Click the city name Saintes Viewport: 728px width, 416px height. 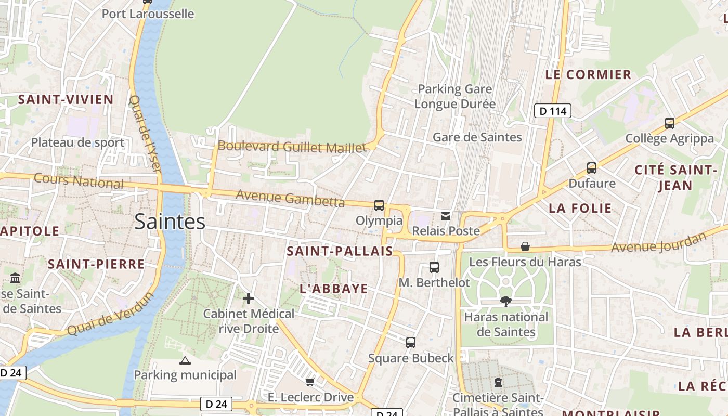[x=170, y=222]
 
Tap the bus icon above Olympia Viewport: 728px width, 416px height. [x=379, y=205]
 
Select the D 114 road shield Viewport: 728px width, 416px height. [x=553, y=111]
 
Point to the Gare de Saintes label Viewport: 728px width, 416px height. [x=477, y=137]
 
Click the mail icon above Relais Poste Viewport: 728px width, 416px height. [x=446, y=216]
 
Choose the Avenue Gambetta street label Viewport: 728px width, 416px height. [x=290, y=198]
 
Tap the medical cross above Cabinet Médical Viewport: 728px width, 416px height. [x=249, y=298]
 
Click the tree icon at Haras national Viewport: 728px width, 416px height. [x=505, y=301]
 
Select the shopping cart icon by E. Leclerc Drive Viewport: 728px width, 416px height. [x=310, y=382]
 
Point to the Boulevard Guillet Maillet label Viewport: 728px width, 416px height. [x=292, y=147]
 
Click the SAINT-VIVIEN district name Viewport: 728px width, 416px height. [x=66, y=99]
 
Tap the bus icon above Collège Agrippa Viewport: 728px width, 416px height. [x=670, y=123]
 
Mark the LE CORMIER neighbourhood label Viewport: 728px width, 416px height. [x=588, y=74]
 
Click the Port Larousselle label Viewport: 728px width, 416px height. [x=148, y=14]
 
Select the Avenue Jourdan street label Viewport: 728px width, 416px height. [x=659, y=242]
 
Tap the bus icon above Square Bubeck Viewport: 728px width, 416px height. [x=411, y=343]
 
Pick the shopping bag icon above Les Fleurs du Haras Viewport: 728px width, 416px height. [x=525, y=246]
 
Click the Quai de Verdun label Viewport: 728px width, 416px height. [x=111, y=314]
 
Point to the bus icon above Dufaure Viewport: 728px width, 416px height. [x=592, y=168]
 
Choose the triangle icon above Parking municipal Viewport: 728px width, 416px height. [x=185, y=360]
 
